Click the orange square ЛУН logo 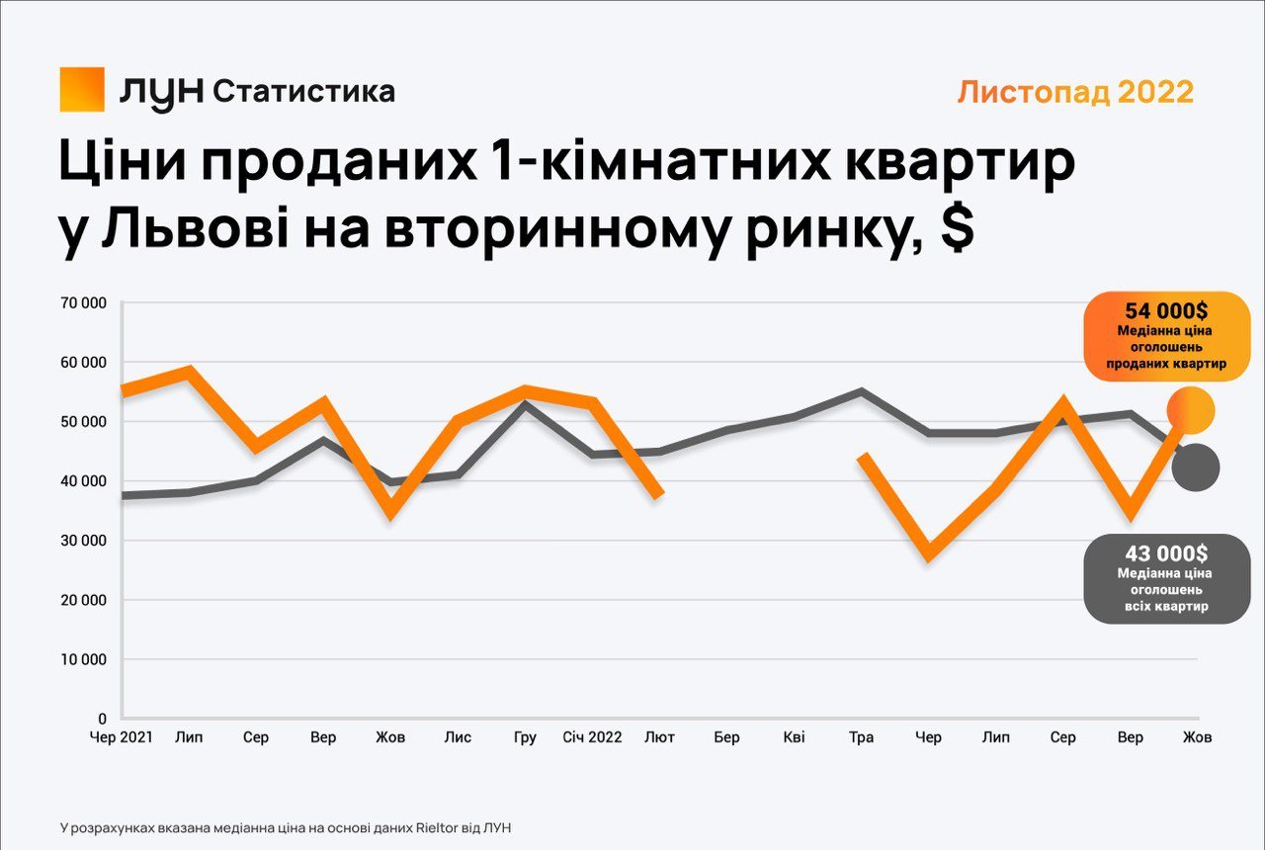click(82, 89)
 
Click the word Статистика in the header click(304, 92)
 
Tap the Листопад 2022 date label click(1075, 92)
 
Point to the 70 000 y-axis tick click(83, 303)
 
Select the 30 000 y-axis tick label click(83, 541)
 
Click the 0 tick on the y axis click(102, 719)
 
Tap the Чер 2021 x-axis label click(122, 737)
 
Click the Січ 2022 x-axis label click(592, 737)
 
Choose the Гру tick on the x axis click(526, 737)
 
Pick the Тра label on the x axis click(861, 737)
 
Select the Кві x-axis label click(794, 737)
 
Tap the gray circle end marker click(1196, 467)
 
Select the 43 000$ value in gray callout click(1166, 553)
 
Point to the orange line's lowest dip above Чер click(929, 553)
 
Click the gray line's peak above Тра click(861, 391)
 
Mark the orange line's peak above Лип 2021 click(189, 372)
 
